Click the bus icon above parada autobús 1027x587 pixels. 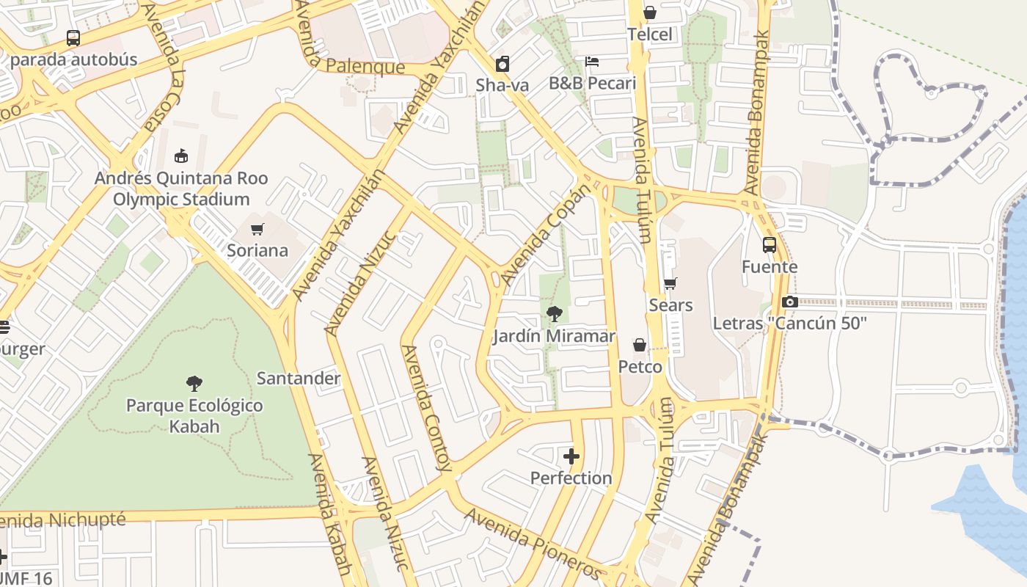[x=73, y=37]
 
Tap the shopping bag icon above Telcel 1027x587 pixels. [x=649, y=12]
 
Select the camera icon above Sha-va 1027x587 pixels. [x=502, y=64]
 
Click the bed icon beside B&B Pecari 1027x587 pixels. [x=592, y=62]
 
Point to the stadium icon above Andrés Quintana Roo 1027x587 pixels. [x=181, y=156]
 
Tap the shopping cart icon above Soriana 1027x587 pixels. [x=257, y=229]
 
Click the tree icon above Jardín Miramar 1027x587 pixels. [x=554, y=314]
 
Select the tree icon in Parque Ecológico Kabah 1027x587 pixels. [x=194, y=383]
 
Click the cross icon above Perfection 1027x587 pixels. [x=571, y=456]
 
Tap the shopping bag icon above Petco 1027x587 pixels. [x=640, y=345]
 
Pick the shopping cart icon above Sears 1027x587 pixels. [x=670, y=283]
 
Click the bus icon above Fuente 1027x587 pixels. [x=769, y=245]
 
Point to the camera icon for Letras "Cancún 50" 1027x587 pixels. [x=789, y=302]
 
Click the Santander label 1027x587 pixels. [x=298, y=379]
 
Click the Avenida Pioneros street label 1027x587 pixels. [x=533, y=543]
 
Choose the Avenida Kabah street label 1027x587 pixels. [x=329, y=514]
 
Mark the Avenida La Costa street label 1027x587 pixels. [x=161, y=66]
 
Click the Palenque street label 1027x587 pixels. [x=365, y=67]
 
